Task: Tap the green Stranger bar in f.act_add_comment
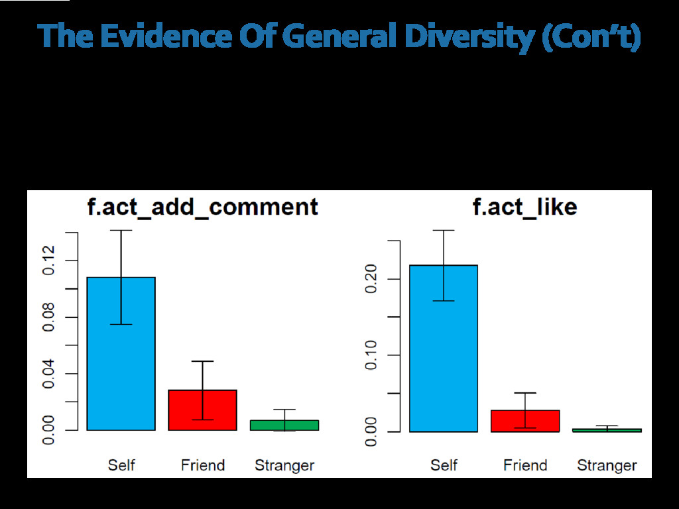coord(284,425)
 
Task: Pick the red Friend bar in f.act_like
coord(525,422)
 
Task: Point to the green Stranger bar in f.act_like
coord(607,430)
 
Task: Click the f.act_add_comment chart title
coord(203,207)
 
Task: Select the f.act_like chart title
coord(525,207)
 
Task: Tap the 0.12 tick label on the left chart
coord(48,260)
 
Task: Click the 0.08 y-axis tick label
coord(48,317)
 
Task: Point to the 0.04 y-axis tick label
coord(48,373)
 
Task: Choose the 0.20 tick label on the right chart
coord(371,279)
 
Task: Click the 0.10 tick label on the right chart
coord(371,355)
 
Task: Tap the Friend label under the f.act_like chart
coord(525,465)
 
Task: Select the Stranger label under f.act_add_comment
coord(284,465)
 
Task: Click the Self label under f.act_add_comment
coord(121,465)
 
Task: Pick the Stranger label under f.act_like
coord(607,465)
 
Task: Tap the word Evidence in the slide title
coord(160,37)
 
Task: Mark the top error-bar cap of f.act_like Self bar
coord(444,230)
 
